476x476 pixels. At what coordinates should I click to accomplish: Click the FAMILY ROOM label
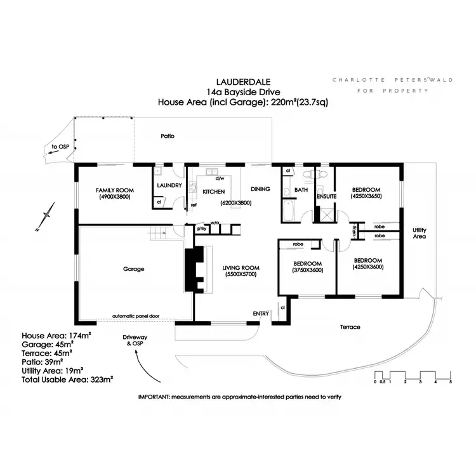[114, 190]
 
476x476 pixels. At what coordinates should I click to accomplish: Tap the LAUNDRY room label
[169, 185]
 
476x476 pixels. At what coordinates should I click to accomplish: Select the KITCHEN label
[215, 190]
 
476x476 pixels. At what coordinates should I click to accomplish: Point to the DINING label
[260, 188]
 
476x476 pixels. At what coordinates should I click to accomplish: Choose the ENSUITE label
[326, 197]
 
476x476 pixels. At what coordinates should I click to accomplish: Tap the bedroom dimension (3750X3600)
[308, 270]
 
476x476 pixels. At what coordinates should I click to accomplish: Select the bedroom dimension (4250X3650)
[366, 197]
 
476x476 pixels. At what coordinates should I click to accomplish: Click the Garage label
[133, 268]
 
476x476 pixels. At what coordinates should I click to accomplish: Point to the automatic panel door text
[135, 315]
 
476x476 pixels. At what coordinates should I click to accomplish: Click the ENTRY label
[261, 314]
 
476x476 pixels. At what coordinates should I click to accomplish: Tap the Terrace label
[350, 327]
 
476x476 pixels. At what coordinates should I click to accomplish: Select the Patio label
[168, 136]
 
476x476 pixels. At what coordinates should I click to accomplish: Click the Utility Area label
[418, 232]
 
